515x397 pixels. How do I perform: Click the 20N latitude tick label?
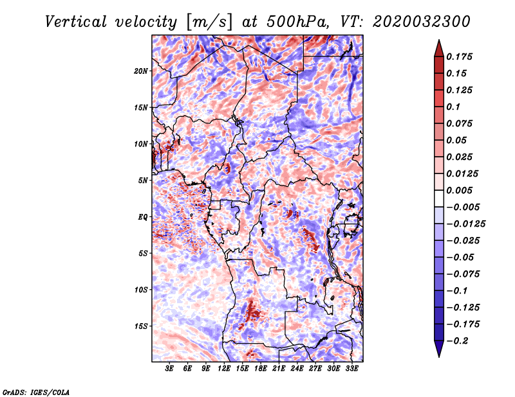pyautogui.click(x=141, y=71)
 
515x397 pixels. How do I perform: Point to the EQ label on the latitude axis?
pyautogui.click(x=142, y=217)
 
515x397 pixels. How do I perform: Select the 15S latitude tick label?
pyautogui.click(x=141, y=326)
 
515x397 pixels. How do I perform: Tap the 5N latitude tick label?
pyautogui.click(x=143, y=181)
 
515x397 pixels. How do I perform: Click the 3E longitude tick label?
pyautogui.click(x=169, y=368)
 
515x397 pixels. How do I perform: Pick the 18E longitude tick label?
pyautogui.click(x=261, y=368)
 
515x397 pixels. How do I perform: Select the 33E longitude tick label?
pyautogui.click(x=351, y=368)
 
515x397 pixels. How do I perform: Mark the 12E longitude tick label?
pyautogui.click(x=224, y=368)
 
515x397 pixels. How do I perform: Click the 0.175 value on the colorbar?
pyautogui.click(x=459, y=57)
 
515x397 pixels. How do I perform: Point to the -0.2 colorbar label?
pyautogui.click(x=457, y=341)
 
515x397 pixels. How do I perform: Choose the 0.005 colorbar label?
pyautogui.click(x=459, y=190)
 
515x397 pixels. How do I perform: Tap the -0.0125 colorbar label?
pyautogui.click(x=465, y=224)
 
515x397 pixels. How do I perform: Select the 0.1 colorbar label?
pyautogui.click(x=453, y=107)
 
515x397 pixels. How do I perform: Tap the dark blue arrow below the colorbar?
pyautogui.click(x=439, y=349)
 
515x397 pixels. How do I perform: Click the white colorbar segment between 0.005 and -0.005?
pyautogui.click(x=439, y=198)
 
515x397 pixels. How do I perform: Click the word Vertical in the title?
pyautogui.click(x=75, y=22)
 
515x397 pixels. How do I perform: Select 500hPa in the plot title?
pyautogui.click(x=297, y=22)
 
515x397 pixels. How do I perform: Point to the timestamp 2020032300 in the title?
pyautogui.click(x=422, y=22)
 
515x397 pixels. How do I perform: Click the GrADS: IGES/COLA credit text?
pyautogui.click(x=36, y=393)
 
